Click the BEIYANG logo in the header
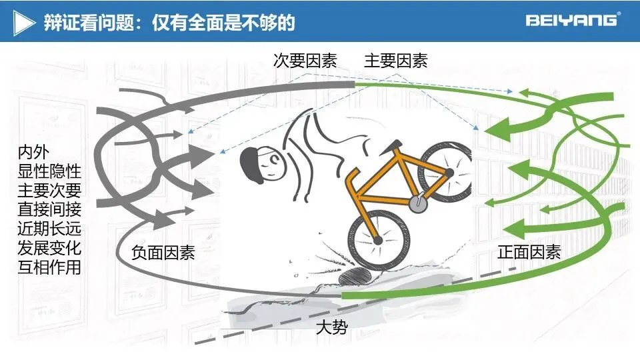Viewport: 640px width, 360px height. tap(572, 20)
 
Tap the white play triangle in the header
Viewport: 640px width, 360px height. tap(25, 23)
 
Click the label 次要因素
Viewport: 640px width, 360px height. tap(305, 61)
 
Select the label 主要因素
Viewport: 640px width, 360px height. tap(395, 61)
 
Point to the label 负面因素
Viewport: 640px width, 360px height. tap(163, 253)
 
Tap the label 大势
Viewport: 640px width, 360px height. tap(331, 327)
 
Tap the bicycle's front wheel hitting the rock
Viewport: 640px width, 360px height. tap(378, 239)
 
